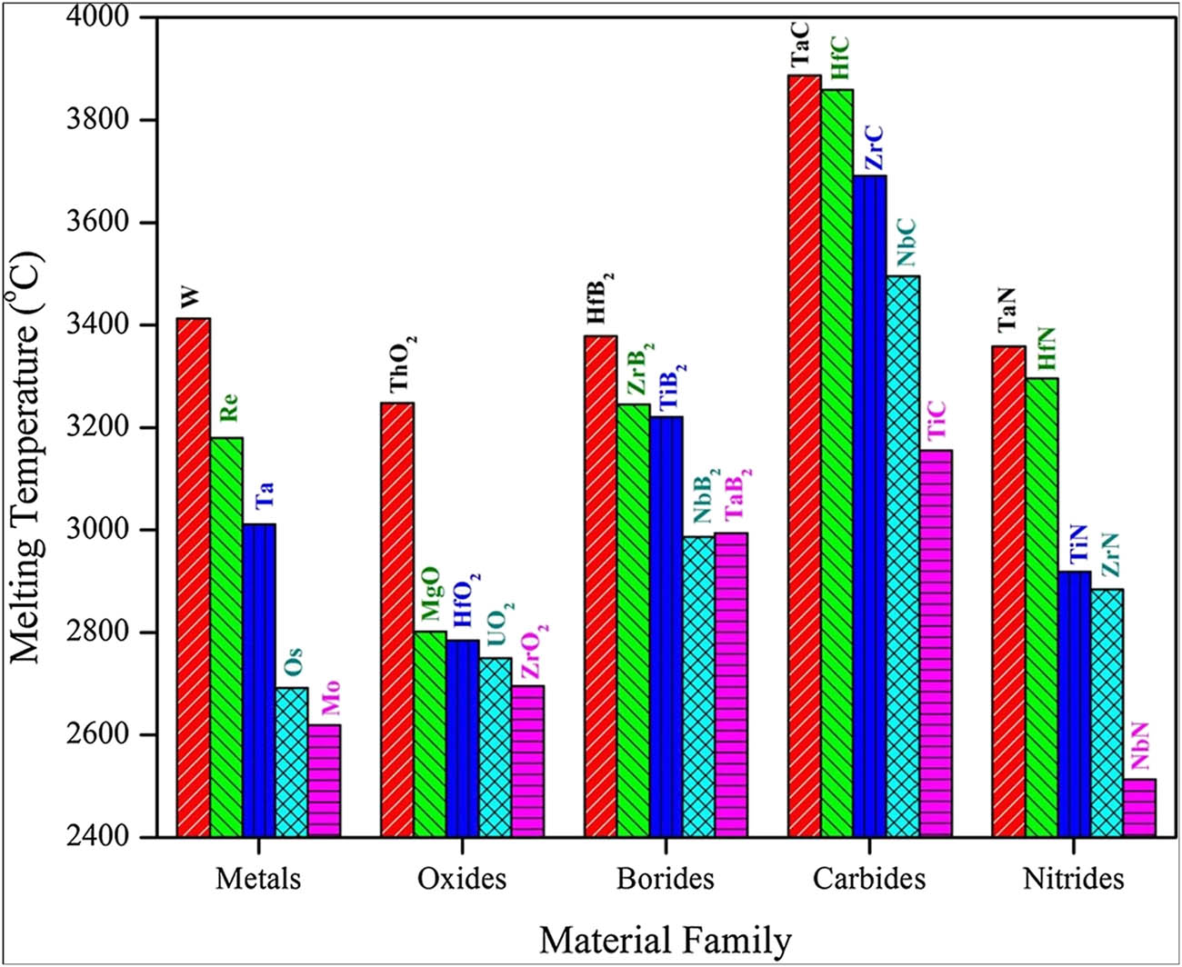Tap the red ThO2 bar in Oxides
click(x=397, y=619)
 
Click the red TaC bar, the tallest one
click(x=804, y=455)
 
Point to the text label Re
click(x=228, y=408)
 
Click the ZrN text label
click(x=1109, y=555)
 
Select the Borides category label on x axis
click(x=665, y=879)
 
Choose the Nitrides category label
click(x=1073, y=879)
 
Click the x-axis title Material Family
click(x=665, y=940)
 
